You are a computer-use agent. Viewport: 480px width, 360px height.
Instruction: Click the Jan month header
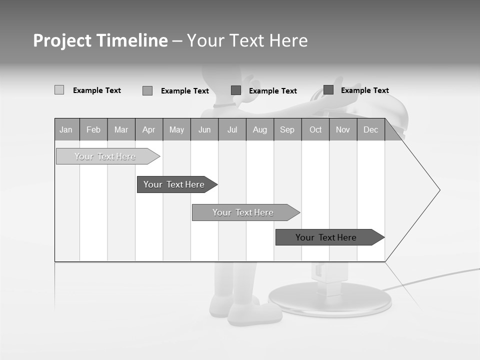point(66,129)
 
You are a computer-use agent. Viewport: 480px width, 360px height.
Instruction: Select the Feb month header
point(93,129)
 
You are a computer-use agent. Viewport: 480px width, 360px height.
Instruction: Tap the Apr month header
point(148,129)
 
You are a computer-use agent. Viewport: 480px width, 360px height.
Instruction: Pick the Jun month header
point(204,129)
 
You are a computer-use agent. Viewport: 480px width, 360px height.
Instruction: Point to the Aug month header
point(260,129)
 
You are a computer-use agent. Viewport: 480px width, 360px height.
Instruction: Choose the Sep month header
point(287,129)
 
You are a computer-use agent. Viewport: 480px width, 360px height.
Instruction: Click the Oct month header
point(315,129)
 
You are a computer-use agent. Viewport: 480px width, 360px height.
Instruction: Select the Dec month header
point(370,129)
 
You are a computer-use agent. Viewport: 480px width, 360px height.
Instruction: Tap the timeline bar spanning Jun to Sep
point(244,212)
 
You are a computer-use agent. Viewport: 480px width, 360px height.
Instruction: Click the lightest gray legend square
point(59,90)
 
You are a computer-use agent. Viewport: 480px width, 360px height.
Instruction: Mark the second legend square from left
point(147,90)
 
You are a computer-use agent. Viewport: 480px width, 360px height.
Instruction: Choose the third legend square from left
point(236,90)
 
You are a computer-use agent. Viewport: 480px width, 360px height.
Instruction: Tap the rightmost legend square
point(328,89)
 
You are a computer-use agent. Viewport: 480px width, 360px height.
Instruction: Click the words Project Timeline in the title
point(100,40)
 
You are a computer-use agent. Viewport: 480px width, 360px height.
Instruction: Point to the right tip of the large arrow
point(439,190)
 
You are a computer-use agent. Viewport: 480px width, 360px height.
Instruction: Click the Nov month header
point(343,129)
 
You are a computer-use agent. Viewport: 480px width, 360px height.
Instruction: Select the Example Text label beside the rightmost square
point(364,90)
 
